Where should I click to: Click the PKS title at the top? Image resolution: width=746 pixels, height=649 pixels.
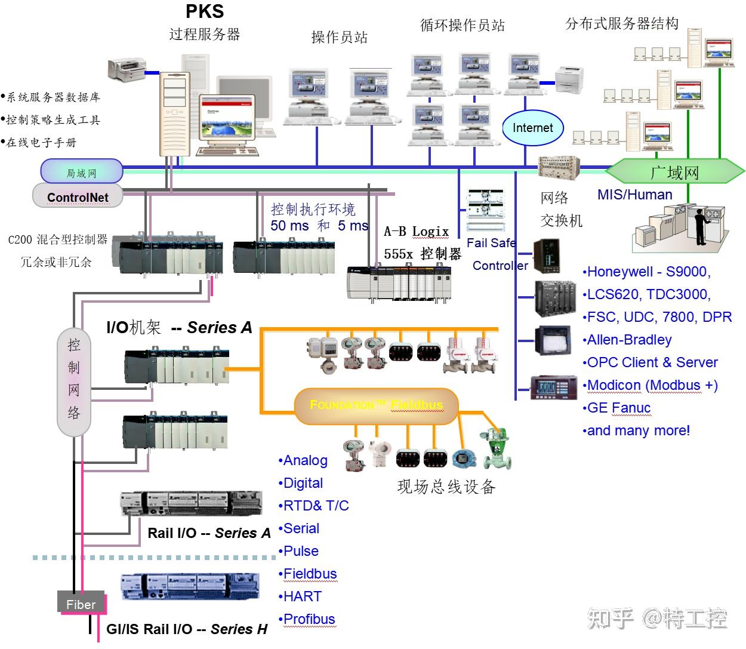[205, 11]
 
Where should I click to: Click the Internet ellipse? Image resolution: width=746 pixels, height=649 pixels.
[532, 128]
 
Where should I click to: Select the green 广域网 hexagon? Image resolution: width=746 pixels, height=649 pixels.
[675, 173]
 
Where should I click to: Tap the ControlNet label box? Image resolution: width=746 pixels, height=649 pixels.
[78, 196]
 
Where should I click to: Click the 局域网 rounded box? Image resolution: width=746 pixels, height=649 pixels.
[81, 173]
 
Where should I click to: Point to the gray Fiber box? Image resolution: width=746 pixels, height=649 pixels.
[81, 604]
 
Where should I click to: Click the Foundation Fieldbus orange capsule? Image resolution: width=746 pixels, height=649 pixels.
[376, 405]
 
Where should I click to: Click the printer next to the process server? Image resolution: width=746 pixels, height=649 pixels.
[127, 69]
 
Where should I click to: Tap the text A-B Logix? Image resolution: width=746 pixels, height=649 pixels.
[417, 231]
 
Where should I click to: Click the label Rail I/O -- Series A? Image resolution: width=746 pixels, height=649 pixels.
[209, 533]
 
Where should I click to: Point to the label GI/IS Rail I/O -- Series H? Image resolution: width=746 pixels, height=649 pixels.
[187, 629]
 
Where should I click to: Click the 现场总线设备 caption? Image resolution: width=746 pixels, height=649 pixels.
[446, 487]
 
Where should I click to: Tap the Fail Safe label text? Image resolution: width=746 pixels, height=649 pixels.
[491, 243]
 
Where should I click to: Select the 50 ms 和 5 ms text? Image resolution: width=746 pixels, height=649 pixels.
[319, 226]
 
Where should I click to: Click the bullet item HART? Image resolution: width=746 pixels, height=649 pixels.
[302, 596]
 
